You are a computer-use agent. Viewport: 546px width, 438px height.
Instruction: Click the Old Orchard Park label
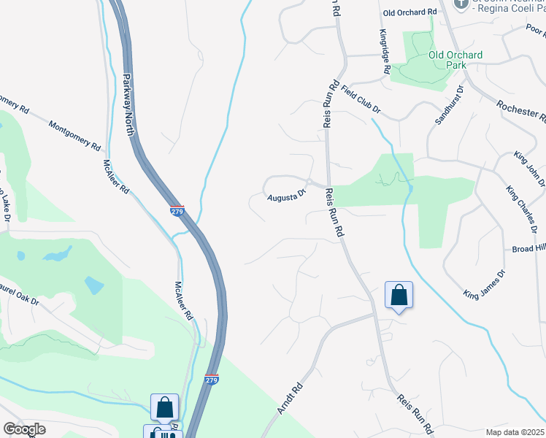455,60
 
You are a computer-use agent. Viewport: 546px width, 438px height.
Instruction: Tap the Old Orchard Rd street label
409,12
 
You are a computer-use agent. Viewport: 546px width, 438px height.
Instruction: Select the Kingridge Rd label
383,52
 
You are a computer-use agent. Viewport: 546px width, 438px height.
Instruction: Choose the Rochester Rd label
520,109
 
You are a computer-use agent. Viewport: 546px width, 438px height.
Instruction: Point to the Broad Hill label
528,248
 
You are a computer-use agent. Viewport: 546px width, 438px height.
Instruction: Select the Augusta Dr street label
285,196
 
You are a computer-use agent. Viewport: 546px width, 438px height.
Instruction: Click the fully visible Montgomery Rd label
74,136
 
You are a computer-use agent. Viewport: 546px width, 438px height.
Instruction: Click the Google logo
24,429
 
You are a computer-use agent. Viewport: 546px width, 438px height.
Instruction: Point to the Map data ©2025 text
515,432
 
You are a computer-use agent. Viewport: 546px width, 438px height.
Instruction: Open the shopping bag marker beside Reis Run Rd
399,296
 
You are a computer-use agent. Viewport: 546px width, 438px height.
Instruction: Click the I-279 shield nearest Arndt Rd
212,380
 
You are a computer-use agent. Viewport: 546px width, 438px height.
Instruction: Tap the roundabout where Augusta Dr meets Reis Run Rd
309,182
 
